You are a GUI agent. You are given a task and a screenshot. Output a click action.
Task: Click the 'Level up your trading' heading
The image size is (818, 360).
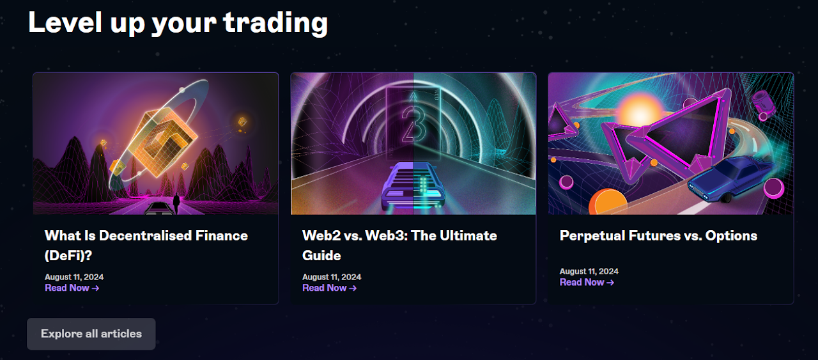click(x=178, y=22)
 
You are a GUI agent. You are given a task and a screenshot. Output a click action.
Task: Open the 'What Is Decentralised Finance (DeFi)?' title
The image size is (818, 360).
click(x=146, y=245)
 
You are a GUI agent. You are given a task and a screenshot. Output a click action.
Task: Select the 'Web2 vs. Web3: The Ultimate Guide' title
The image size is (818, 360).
click(x=399, y=245)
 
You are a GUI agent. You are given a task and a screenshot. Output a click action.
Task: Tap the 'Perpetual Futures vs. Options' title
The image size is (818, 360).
click(x=658, y=235)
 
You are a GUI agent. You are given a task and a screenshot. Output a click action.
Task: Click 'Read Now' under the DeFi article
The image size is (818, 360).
click(x=72, y=288)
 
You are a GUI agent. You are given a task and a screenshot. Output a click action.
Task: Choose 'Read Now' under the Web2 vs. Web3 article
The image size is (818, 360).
click(x=329, y=288)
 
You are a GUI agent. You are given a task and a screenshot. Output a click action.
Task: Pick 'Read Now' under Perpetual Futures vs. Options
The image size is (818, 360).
click(x=587, y=282)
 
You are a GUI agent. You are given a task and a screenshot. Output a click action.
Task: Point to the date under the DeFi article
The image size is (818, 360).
click(x=74, y=277)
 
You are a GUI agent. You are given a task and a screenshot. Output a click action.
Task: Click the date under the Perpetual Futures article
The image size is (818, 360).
click(x=589, y=271)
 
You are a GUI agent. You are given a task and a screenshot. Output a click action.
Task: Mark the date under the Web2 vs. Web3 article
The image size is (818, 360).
click(x=332, y=277)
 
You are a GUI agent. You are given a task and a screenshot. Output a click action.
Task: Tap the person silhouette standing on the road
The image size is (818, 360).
click(x=176, y=203)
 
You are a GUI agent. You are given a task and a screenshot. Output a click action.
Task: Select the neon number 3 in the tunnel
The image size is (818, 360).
click(x=413, y=121)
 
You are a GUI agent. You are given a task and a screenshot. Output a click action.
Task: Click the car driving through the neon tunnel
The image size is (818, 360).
click(x=413, y=185)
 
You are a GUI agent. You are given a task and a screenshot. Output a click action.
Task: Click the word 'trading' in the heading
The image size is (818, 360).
click(x=275, y=22)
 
